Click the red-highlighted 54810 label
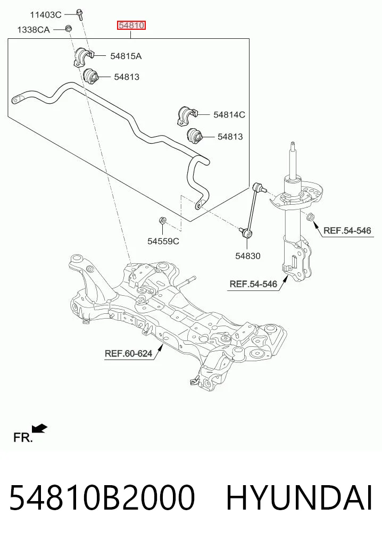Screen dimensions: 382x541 point(131,26)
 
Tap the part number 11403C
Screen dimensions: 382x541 point(46,15)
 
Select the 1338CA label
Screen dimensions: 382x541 point(34,30)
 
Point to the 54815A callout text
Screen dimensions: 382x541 point(126,56)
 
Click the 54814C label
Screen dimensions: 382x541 point(229,114)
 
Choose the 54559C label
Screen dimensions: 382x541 point(163,241)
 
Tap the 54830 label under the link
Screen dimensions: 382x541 point(248,256)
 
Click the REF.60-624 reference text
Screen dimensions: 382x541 point(128,354)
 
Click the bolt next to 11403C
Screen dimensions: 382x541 point(80,14)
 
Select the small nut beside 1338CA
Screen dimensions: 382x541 point(69,28)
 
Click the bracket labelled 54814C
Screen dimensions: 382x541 point(187,116)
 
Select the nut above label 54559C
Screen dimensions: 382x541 point(162,220)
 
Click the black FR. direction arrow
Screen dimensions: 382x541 point(39,428)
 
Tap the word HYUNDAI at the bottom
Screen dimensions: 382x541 point(299,498)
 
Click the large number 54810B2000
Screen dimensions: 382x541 point(102,498)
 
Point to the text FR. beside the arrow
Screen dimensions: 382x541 point(23,437)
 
